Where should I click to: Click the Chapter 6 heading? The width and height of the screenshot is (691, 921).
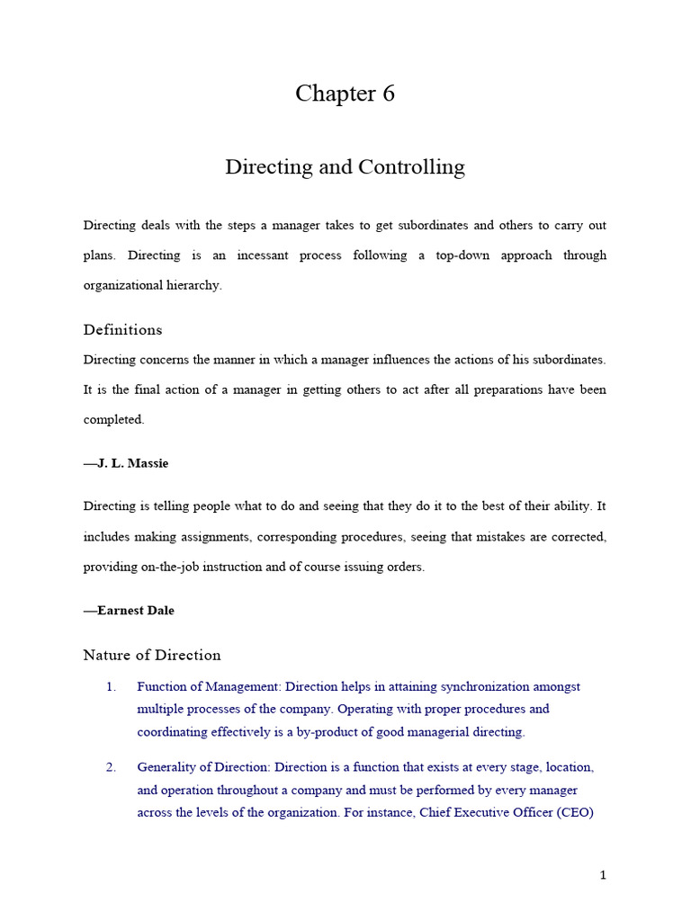[x=345, y=94]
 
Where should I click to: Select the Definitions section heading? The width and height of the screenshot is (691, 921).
[x=123, y=330]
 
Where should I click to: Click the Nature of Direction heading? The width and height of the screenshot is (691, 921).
[x=152, y=655]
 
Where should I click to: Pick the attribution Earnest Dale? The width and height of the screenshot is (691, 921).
[x=129, y=611]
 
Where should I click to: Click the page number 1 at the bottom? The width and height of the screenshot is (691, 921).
[x=603, y=875]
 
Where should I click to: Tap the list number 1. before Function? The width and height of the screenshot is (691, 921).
[x=111, y=687]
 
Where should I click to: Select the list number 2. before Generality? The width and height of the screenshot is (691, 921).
[x=111, y=768]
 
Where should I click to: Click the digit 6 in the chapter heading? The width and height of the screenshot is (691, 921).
[x=388, y=94]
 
